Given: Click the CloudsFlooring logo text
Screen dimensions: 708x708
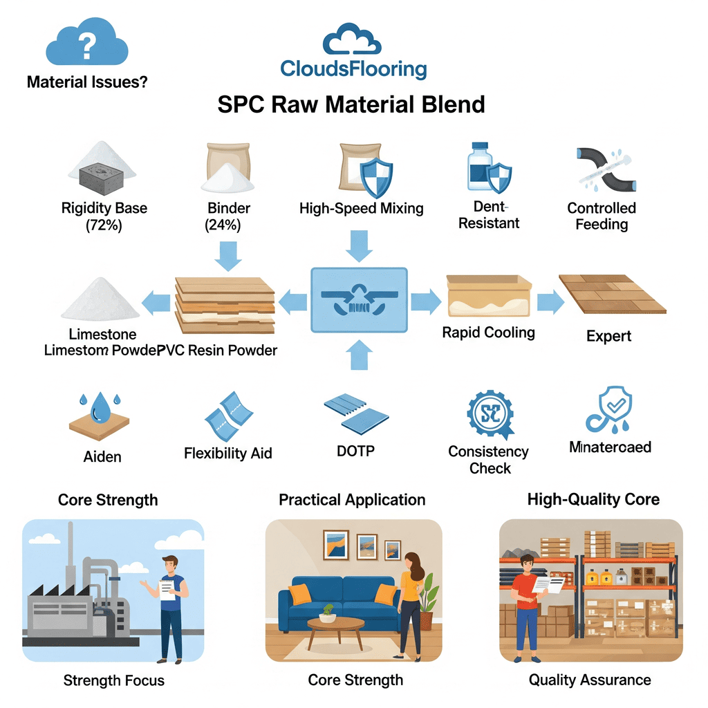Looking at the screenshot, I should [353, 69].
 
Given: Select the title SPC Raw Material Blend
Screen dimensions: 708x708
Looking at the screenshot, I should [351, 104].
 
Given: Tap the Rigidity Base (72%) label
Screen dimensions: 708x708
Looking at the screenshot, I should [104, 216].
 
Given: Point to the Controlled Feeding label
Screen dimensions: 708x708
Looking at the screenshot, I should [602, 216].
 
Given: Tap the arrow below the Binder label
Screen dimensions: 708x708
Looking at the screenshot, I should [227, 254].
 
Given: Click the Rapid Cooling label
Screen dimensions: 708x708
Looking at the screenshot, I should [488, 333].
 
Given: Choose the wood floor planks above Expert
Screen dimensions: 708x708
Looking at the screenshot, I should [612, 294].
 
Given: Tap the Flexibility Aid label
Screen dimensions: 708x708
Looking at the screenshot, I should [227, 454].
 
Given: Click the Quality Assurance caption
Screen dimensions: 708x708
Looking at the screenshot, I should [590, 680].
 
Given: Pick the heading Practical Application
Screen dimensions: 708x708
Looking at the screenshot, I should [352, 499].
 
